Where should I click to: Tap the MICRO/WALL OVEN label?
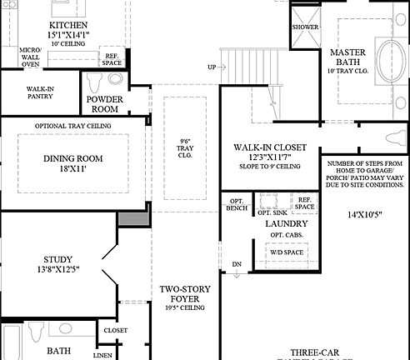click(29, 57)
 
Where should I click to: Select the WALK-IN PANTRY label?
click(41, 92)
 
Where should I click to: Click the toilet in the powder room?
click(94, 83)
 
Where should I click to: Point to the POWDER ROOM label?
click(106, 103)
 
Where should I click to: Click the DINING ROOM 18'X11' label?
click(71, 162)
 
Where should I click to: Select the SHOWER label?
click(306, 26)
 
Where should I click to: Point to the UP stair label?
click(212, 67)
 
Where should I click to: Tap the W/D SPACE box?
click(286, 250)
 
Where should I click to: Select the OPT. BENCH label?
click(235, 205)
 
